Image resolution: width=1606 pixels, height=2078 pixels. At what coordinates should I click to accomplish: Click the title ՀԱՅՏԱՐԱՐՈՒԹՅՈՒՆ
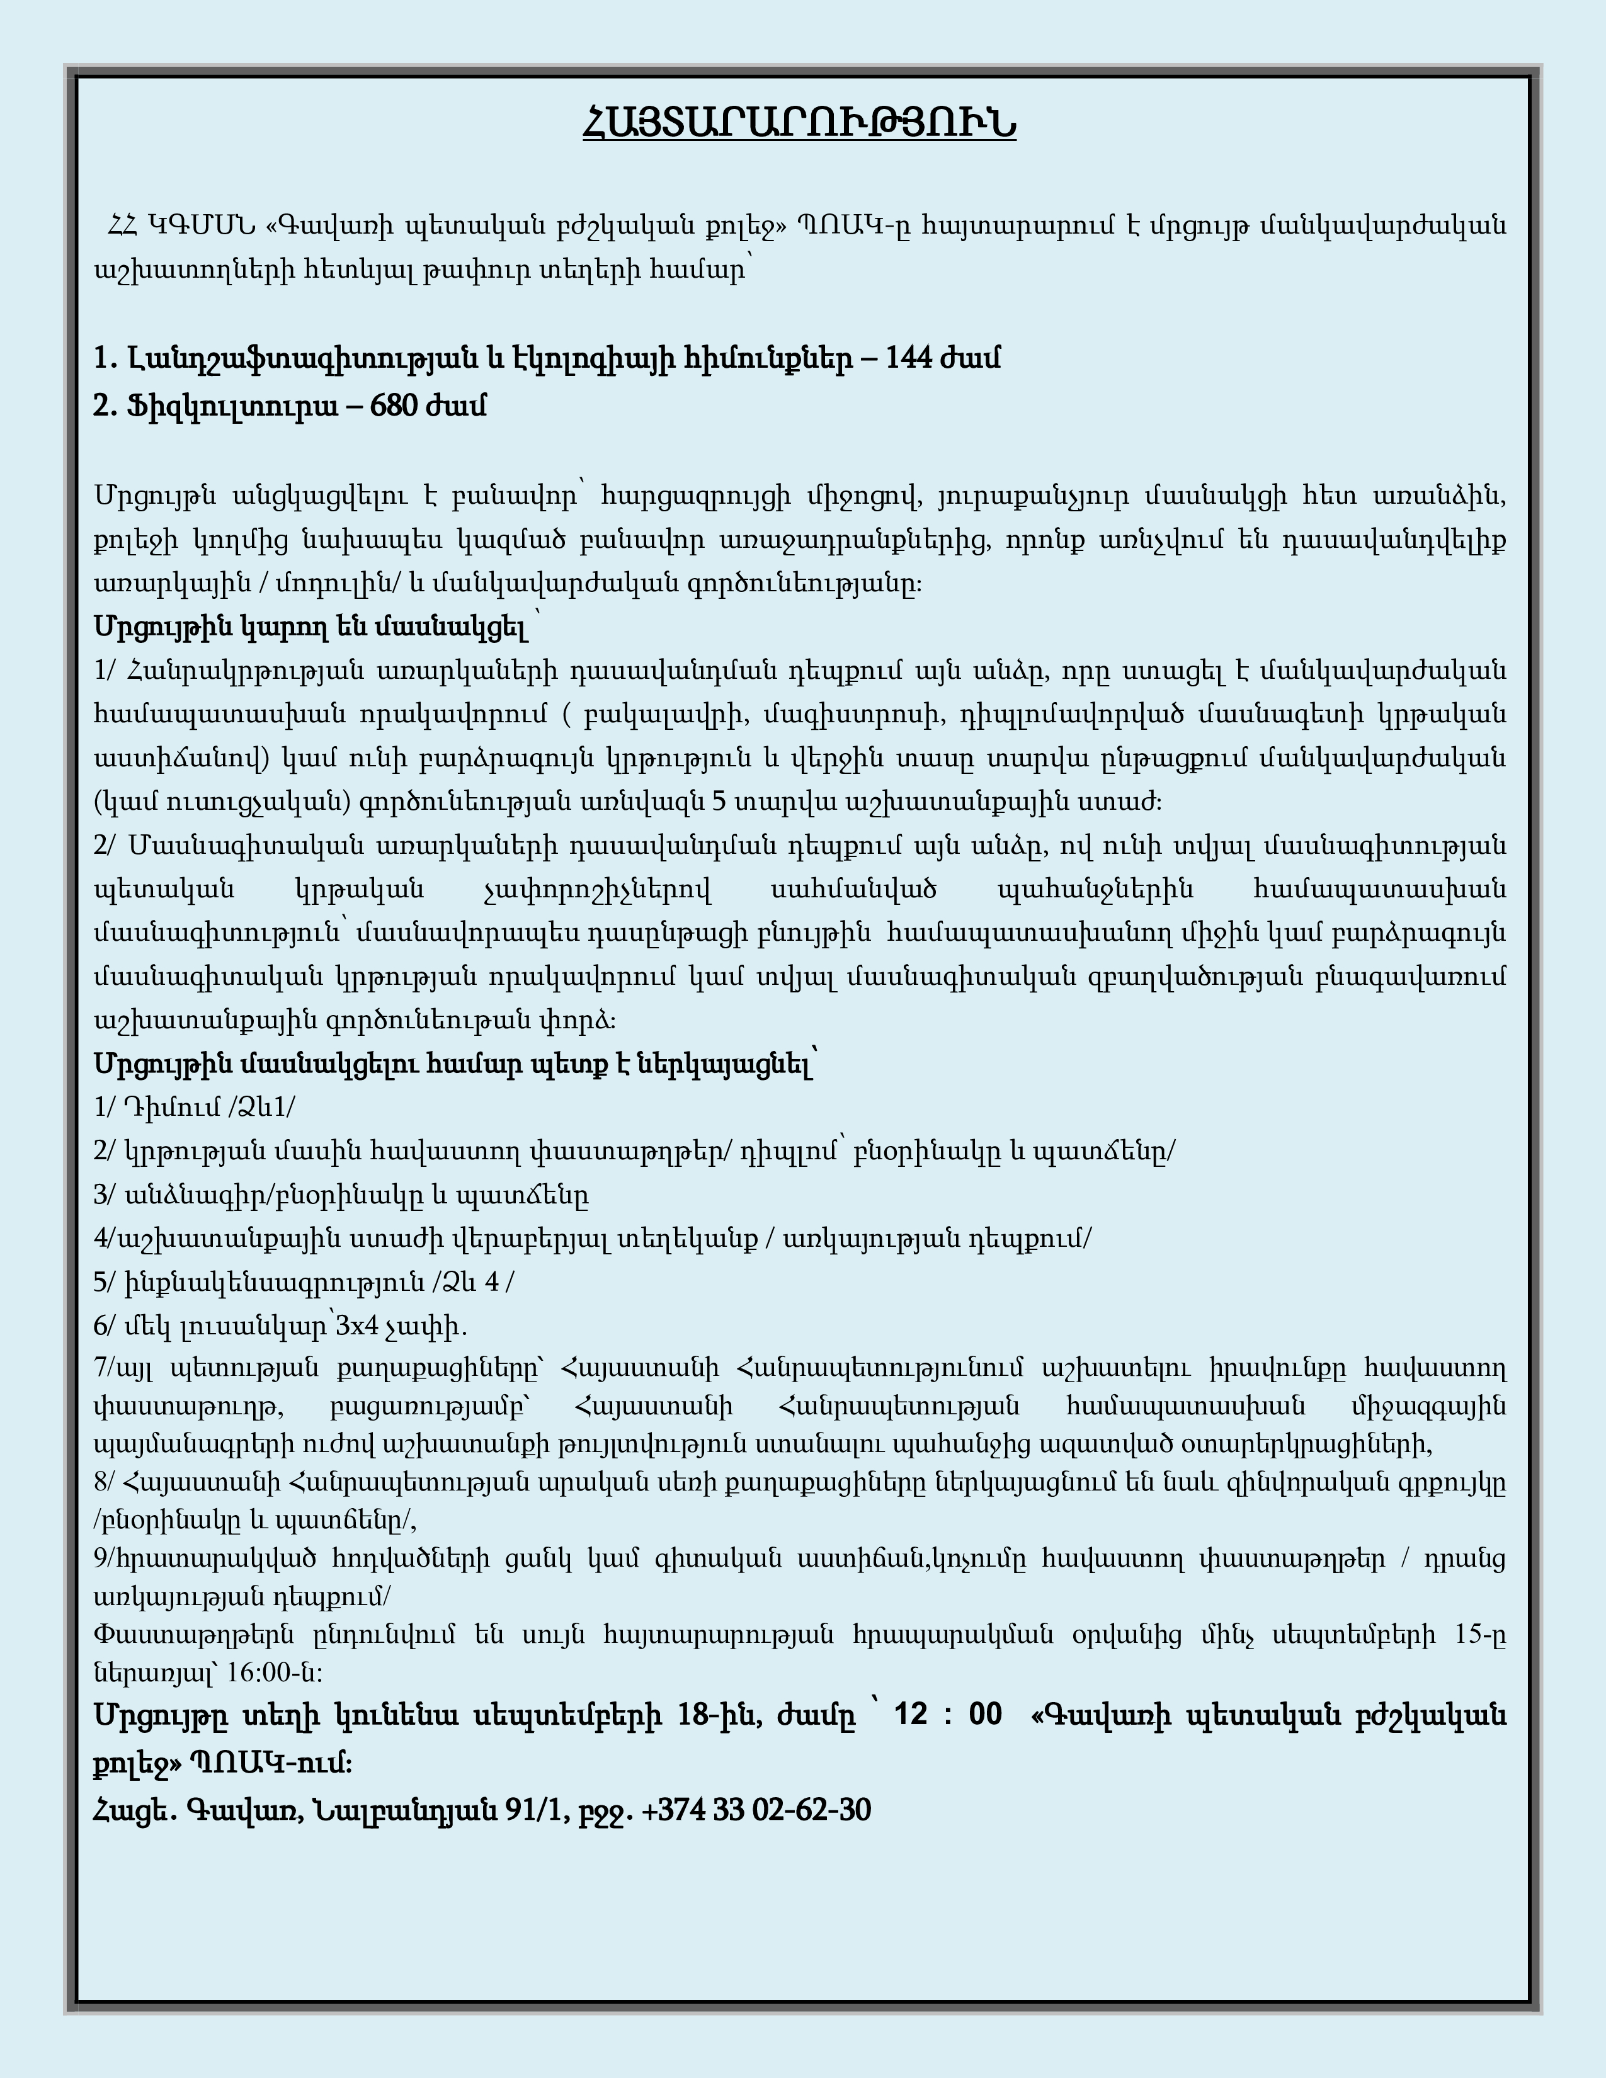799,123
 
